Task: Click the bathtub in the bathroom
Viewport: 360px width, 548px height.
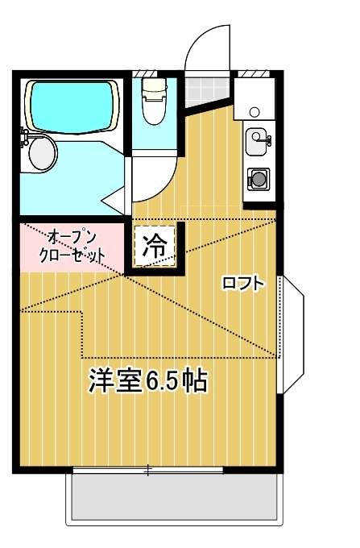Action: [x=71, y=105]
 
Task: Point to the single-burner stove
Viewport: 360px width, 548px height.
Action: [x=259, y=177]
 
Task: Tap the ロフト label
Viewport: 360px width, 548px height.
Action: [x=242, y=283]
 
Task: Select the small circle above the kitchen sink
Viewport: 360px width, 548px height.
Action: [x=254, y=110]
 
